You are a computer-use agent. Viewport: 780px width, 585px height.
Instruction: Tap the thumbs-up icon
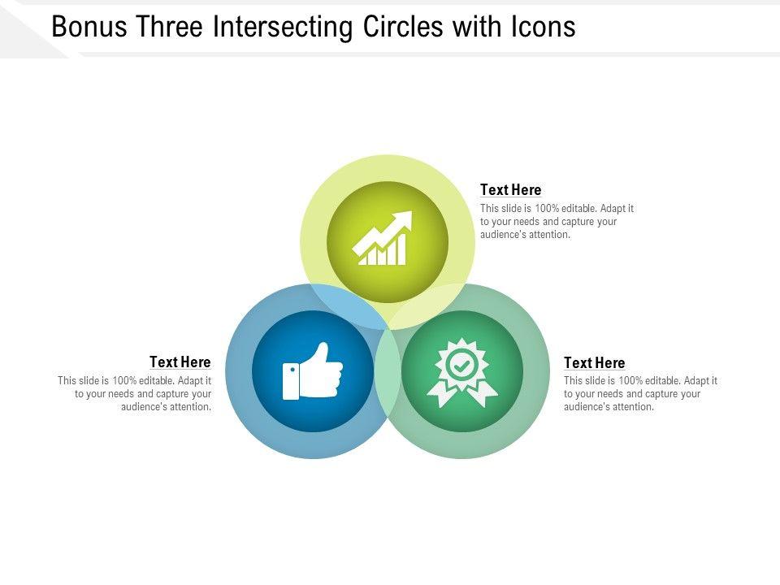pyautogui.click(x=313, y=372)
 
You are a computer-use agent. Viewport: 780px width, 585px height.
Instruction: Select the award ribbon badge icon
pyautogui.click(x=461, y=372)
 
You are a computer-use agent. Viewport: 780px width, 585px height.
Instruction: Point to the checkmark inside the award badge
pyautogui.click(x=461, y=365)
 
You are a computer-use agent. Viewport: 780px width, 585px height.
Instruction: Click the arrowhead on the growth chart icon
pyautogui.click(x=403, y=221)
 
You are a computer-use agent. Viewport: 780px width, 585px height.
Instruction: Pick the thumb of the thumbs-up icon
pyautogui.click(x=322, y=354)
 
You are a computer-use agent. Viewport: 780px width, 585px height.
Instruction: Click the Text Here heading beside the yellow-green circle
pyautogui.click(x=510, y=190)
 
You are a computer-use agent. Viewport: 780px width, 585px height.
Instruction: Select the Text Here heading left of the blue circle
pyautogui.click(x=180, y=362)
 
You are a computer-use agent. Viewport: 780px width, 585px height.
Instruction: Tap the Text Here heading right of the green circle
pyautogui.click(x=594, y=363)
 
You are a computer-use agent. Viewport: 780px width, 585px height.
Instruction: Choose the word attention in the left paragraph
pyautogui.click(x=189, y=407)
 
